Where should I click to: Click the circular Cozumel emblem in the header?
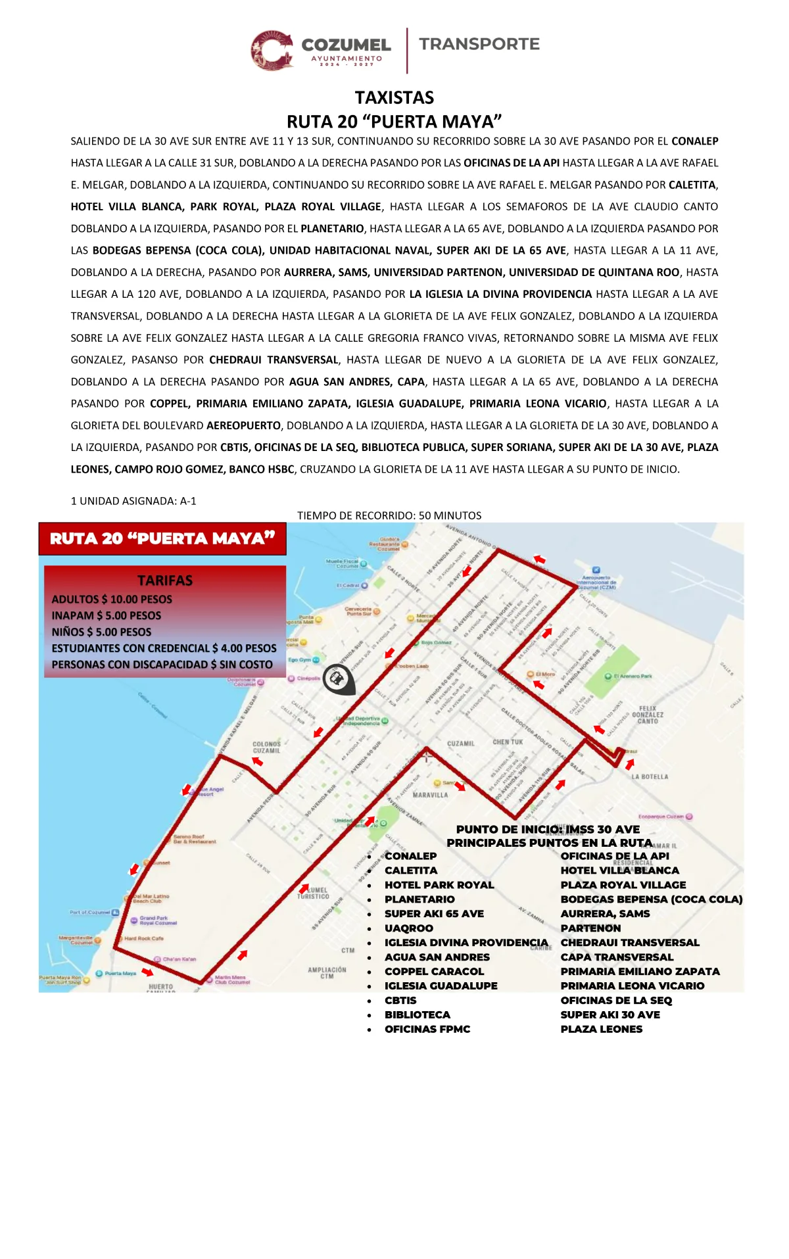(x=272, y=50)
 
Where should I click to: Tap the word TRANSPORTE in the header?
(x=479, y=44)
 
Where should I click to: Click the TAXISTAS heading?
(x=394, y=98)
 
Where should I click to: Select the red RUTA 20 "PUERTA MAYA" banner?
(x=162, y=538)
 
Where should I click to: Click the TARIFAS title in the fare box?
(x=165, y=581)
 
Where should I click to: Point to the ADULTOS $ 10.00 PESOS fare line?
(x=112, y=600)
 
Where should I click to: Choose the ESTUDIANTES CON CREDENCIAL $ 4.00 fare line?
(x=164, y=648)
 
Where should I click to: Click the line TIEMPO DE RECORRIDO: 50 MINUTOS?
(x=389, y=515)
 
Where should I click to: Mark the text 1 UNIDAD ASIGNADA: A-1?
(x=133, y=501)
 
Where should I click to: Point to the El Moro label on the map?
(x=544, y=674)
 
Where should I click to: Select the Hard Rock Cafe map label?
(x=144, y=939)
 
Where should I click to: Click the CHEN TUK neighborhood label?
(x=508, y=742)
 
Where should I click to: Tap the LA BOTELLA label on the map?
(x=650, y=776)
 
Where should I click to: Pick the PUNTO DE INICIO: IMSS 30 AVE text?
(x=548, y=830)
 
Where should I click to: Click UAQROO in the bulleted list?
(x=409, y=928)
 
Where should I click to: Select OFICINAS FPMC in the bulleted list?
(x=427, y=1030)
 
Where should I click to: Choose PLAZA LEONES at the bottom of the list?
(x=602, y=1030)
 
